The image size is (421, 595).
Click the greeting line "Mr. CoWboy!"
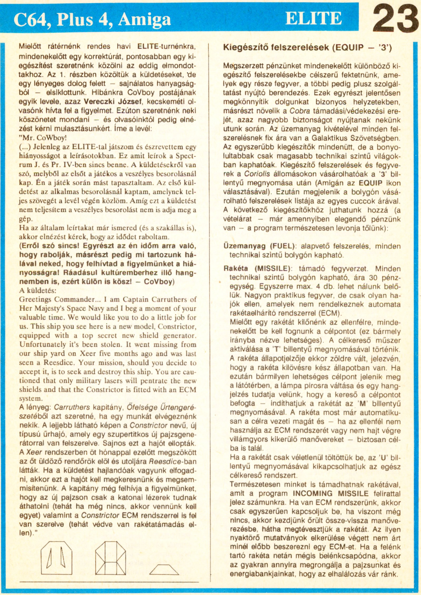[39, 137]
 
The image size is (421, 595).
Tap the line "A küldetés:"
[38, 291]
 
